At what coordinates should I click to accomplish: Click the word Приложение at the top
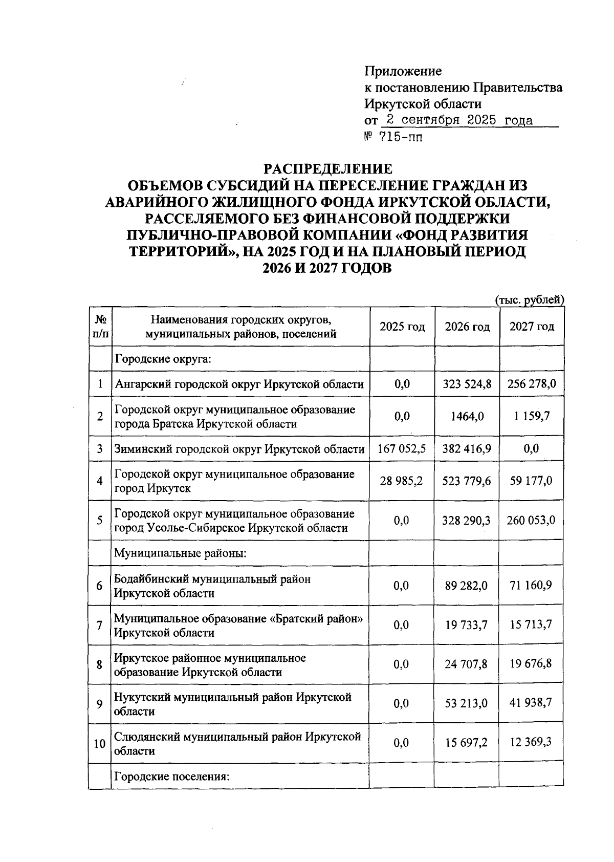[403, 71]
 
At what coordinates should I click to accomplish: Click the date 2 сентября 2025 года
[459, 121]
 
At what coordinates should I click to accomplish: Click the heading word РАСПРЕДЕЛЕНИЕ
[327, 169]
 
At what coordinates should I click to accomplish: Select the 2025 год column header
[402, 327]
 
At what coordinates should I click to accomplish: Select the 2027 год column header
[532, 327]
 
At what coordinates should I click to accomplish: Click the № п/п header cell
[101, 327]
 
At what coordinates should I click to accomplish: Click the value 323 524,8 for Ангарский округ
[467, 384]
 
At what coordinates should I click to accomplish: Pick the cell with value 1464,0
[467, 417]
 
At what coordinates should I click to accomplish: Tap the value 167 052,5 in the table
[402, 449]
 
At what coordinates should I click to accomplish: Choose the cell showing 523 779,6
[467, 481]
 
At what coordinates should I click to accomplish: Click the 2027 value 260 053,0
[532, 521]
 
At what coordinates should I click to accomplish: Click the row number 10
[100, 744]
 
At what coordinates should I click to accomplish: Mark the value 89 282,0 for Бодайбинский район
[467, 586]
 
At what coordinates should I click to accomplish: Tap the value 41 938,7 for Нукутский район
[532, 703]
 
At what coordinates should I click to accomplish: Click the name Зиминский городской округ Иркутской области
[239, 449]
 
